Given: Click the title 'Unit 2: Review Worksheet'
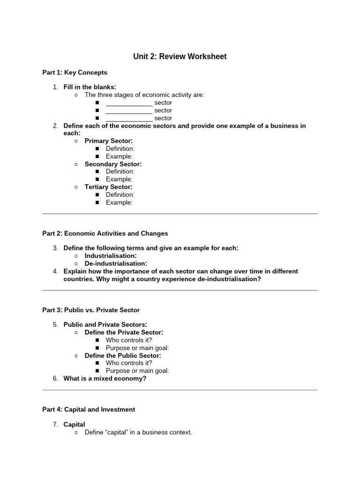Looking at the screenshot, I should (180, 57).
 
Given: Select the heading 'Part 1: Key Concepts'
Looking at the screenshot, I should (75, 73).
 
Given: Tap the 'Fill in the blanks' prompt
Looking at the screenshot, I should (90, 87).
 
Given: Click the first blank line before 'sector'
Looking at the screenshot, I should (129, 103).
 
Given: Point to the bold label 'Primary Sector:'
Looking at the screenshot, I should (108, 141).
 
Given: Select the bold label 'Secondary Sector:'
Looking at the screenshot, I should (113, 164).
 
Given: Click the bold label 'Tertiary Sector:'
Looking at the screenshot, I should (108, 187).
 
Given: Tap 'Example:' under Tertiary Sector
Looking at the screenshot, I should (119, 202).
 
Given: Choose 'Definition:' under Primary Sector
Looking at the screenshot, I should (120, 149).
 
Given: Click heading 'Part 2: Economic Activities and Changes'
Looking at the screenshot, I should (105, 233).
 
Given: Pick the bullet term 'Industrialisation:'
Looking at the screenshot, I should (111, 256).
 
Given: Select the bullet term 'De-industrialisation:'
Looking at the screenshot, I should (115, 263).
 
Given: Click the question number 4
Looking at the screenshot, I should (55, 271).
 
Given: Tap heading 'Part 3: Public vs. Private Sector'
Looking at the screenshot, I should (91, 310).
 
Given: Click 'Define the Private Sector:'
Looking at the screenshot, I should (124, 332).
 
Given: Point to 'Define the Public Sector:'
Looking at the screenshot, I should (122, 355).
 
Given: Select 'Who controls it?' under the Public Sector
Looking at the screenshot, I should (129, 363).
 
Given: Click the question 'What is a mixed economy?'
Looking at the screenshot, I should (105, 378).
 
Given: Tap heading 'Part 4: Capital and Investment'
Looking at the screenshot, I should (89, 409).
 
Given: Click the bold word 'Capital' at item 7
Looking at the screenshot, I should (74, 425).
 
